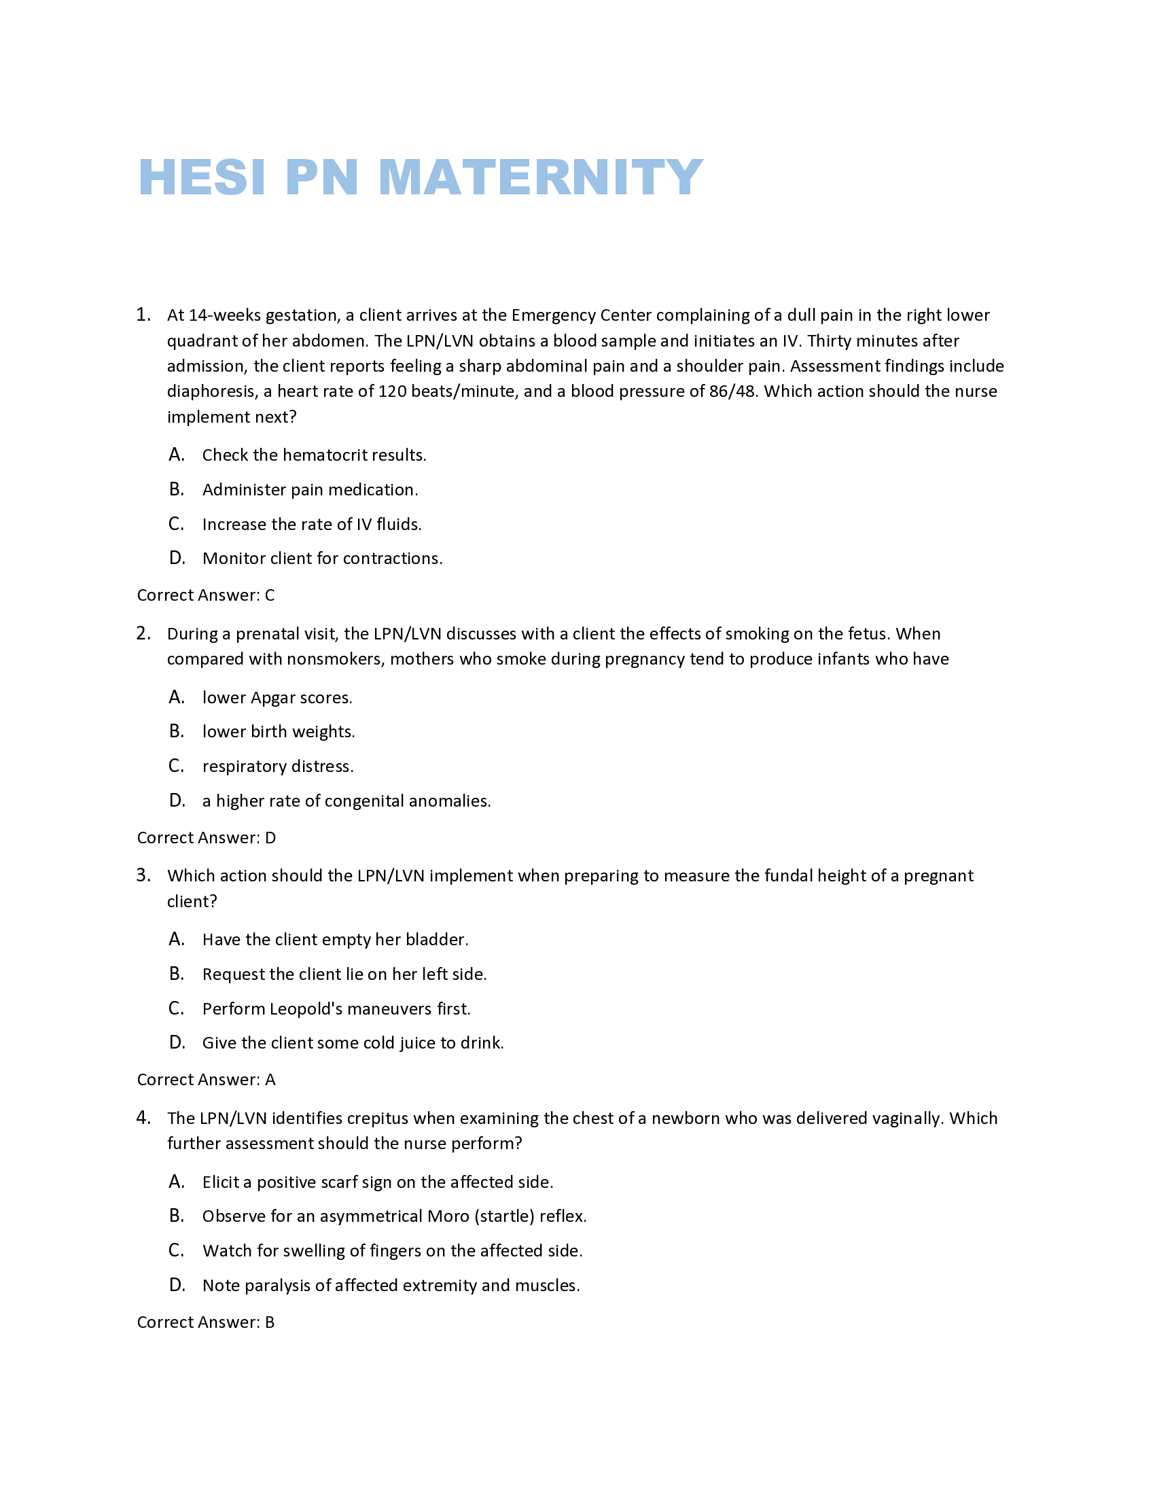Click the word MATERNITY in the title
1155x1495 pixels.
click(x=540, y=177)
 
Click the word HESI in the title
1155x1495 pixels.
click(x=202, y=177)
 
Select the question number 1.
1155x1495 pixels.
click(x=143, y=315)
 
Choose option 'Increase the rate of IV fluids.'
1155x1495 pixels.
click(x=312, y=525)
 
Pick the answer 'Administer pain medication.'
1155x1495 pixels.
click(x=310, y=490)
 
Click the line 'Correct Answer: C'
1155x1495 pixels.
click(x=206, y=595)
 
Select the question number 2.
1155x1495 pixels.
click(x=143, y=634)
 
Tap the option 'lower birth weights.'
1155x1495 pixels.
click(x=279, y=732)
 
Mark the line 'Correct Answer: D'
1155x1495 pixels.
click(x=207, y=838)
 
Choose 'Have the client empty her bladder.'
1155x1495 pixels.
click(x=335, y=940)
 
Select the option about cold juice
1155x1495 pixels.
click(x=353, y=1043)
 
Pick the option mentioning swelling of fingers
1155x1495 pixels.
click(x=392, y=1251)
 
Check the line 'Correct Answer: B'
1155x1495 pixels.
click(x=206, y=1322)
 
